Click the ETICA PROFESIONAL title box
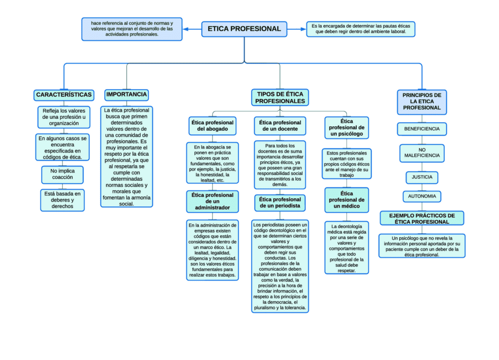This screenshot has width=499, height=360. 244,29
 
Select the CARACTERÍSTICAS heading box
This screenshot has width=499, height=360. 64,95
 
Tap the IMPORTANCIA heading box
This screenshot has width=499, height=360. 127,95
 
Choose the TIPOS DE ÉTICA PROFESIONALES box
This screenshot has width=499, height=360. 280,97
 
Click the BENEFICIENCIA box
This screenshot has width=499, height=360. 422,129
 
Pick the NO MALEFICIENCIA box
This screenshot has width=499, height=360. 422,153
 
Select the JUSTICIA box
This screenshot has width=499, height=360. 422,177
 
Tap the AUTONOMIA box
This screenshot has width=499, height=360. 422,196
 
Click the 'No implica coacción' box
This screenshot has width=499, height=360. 62,174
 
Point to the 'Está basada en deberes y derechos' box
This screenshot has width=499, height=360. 62,200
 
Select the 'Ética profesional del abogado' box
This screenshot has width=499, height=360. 212,126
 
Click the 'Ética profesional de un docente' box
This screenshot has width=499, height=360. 280,126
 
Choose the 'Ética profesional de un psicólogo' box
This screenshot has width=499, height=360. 346,128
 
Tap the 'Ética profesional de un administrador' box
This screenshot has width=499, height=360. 212,201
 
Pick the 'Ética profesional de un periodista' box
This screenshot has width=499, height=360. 280,203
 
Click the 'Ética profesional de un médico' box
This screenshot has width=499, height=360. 346,200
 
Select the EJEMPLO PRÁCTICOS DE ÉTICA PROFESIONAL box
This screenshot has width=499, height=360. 422,218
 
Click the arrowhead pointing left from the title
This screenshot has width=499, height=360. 186,29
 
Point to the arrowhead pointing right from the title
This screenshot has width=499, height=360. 303,29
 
